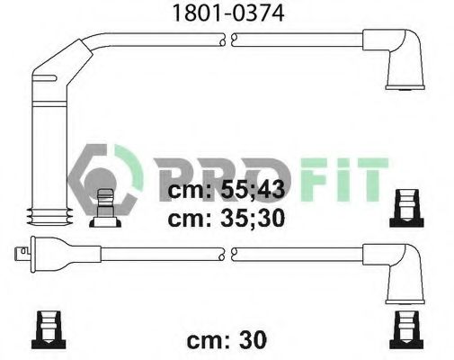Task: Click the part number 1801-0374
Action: (x=228, y=13)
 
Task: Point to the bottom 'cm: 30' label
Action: (x=227, y=340)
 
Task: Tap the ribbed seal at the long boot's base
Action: (x=49, y=216)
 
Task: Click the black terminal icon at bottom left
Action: (x=49, y=329)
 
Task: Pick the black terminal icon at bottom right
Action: (x=406, y=329)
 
